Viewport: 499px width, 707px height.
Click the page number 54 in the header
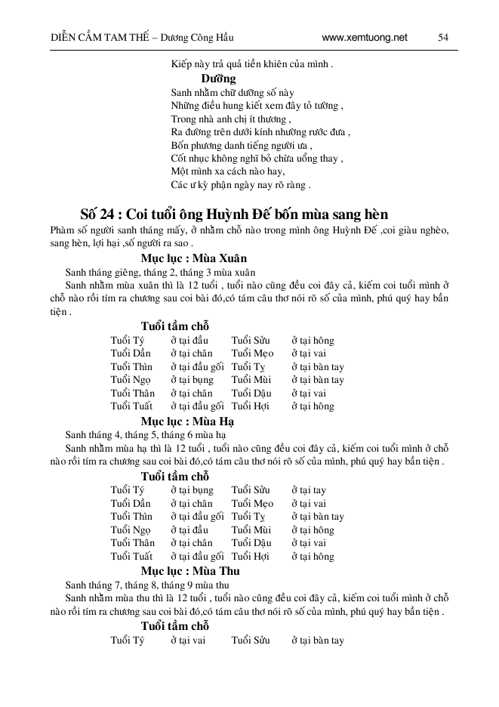443,37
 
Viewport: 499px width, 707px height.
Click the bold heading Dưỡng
219,79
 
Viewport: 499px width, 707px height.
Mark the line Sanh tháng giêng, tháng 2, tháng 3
161,272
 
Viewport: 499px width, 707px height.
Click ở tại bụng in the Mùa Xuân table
192,380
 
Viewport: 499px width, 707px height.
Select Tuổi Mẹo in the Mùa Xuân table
252,353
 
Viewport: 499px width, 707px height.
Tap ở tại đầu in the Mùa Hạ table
189,529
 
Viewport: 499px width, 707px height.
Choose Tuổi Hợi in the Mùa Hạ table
250,557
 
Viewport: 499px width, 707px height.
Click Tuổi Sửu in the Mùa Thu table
250,641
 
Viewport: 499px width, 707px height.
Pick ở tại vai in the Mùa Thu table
188,641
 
